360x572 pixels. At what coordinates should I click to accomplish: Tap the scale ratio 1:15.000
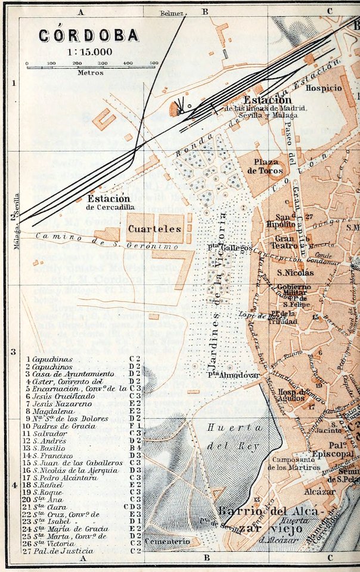pyautogui.click(x=89, y=51)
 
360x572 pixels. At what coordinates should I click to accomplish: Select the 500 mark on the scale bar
pyautogui.click(x=153, y=62)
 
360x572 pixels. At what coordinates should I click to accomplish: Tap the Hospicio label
pyautogui.click(x=324, y=88)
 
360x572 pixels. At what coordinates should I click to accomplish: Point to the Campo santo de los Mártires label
pyautogui.click(x=296, y=463)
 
